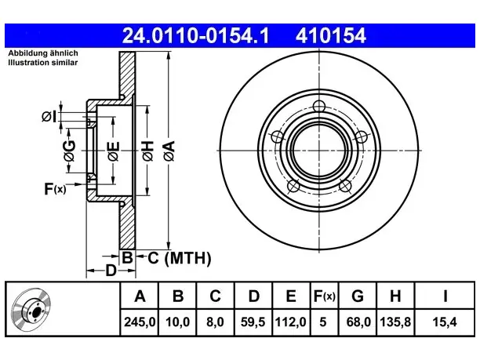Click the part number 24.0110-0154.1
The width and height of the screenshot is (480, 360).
coord(195,35)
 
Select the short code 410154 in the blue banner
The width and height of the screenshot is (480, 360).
coord(331,35)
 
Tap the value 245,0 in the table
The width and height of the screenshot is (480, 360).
coord(140,322)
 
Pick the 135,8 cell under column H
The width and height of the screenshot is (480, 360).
coord(395,322)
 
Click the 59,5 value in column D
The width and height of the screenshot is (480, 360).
coord(253,322)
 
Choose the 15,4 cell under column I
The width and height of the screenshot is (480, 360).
coord(445,322)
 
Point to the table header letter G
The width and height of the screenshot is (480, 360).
coord(358,296)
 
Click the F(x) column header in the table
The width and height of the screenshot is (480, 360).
coord(325,296)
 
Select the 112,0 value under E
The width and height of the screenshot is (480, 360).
coord(290,322)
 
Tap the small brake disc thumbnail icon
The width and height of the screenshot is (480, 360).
coord(31,309)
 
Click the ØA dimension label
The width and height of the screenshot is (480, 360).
coord(169,151)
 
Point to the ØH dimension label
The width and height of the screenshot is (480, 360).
coord(148,151)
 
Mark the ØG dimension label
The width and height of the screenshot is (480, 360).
coord(69,151)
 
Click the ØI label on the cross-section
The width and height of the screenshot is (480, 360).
coord(49,117)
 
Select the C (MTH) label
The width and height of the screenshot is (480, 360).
coord(180,258)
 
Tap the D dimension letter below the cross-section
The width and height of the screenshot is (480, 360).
coord(111,271)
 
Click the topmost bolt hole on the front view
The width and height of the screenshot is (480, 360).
coord(319,107)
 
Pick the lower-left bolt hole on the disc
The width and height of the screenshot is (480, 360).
coord(293,186)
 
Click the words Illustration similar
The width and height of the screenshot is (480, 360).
coord(43,63)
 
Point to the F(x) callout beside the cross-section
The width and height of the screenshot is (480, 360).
coord(55,188)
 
